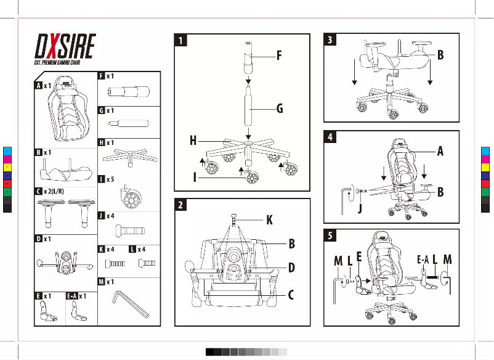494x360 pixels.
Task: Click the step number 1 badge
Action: [179, 40]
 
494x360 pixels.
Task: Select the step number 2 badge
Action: [179, 205]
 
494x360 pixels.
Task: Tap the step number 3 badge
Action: [331, 40]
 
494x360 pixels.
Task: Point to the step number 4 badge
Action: [331, 137]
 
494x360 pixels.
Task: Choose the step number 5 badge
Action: [331, 235]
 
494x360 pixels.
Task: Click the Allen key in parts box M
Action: [129, 304]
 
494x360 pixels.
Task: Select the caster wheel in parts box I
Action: [130, 197]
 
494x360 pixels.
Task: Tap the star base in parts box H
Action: [129, 157]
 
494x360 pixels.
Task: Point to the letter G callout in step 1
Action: [279, 109]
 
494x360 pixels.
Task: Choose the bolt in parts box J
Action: [130, 231]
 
